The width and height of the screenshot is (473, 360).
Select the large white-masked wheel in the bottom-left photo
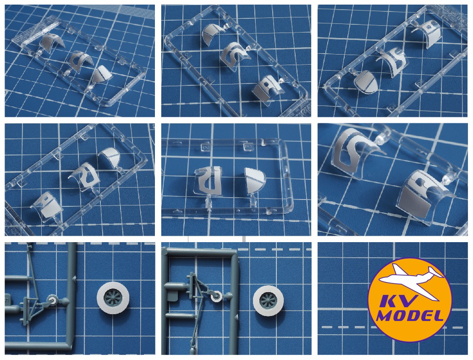(x=113, y=298)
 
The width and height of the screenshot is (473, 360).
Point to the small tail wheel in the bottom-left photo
(x=52, y=299)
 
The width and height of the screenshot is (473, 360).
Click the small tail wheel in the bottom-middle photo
(x=216, y=297)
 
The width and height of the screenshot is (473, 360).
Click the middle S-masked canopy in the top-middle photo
(x=235, y=54)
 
